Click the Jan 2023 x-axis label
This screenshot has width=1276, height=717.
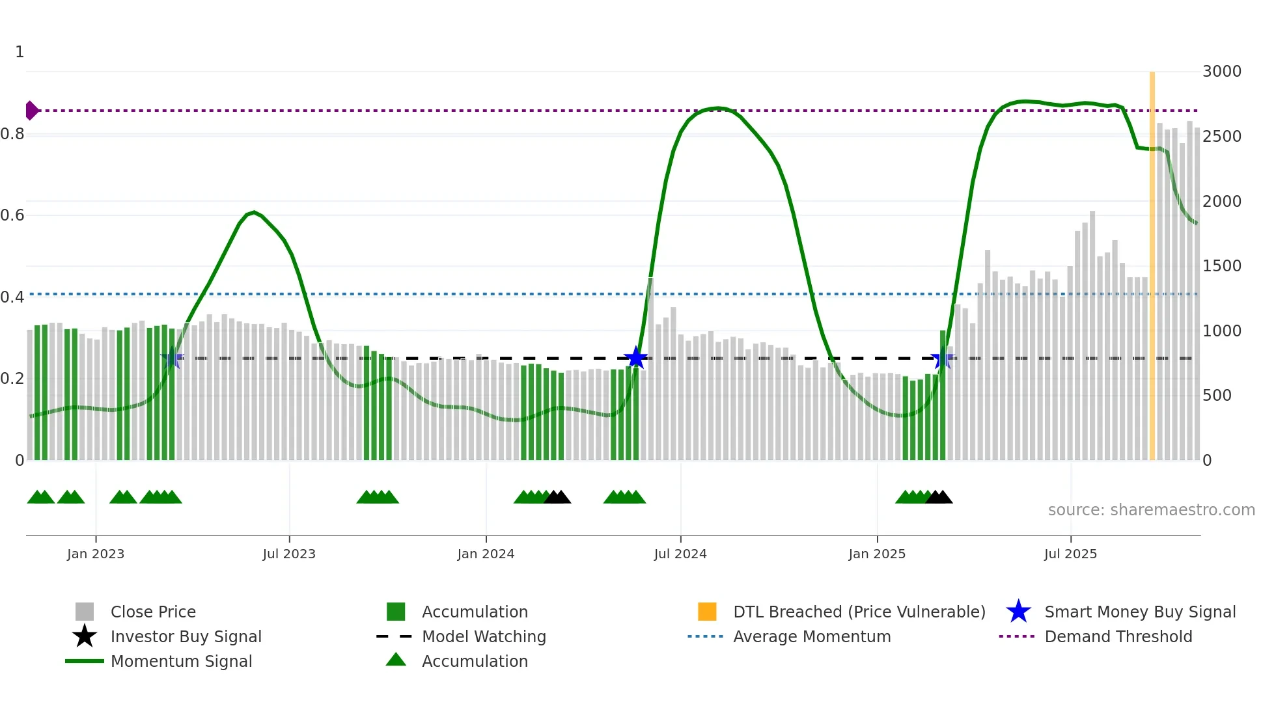pyautogui.click(x=96, y=554)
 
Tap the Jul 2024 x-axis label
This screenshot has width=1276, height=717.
pyautogui.click(x=680, y=554)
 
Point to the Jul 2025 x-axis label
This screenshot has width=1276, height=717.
pyautogui.click(x=1070, y=554)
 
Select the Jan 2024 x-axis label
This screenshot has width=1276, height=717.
pyautogui.click(x=486, y=554)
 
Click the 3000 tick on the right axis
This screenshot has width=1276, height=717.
pyautogui.click(x=1221, y=72)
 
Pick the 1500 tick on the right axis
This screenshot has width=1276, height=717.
pyautogui.click(x=1221, y=266)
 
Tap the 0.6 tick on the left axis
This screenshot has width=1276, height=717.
pyautogui.click(x=12, y=215)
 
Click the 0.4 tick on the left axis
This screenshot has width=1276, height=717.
pyautogui.click(x=12, y=297)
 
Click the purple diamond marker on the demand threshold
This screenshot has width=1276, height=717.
pyautogui.click(x=31, y=111)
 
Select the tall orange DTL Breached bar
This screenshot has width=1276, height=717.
pyautogui.click(x=1152, y=260)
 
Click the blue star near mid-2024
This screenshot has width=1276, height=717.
pyautogui.click(x=635, y=358)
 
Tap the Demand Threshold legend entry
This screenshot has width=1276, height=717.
pyautogui.click(x=1118, y=636)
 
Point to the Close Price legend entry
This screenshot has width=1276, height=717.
pyautogui.click(x=152, y=612)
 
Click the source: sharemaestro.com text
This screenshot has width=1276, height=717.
pyautogui.click(x=1151, y=510)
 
